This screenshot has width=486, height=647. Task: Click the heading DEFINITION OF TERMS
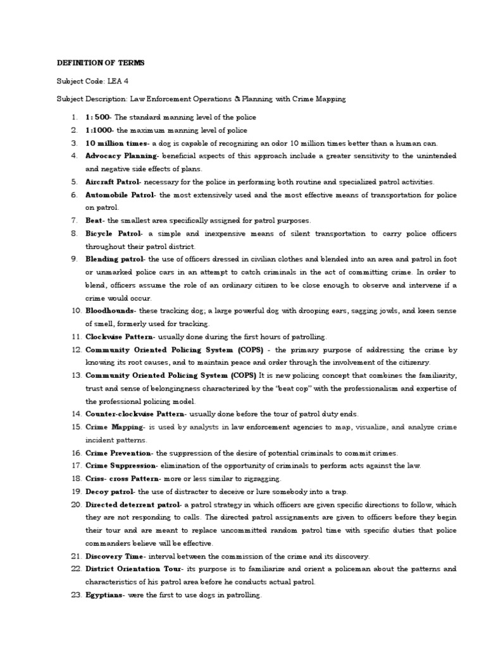[101, 63]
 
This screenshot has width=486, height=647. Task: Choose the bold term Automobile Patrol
[120, 195]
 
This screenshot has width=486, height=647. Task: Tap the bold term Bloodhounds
[110, 311]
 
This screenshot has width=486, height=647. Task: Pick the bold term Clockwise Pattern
[120, 337]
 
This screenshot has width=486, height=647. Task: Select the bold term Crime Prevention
[118, 453]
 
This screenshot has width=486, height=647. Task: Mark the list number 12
[76, 349]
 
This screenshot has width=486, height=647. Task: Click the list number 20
[76, 505]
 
